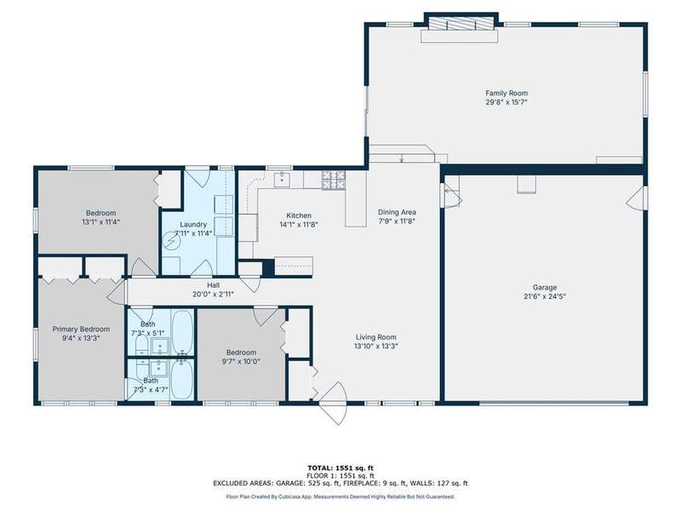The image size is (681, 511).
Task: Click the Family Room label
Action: (x=506, y=93)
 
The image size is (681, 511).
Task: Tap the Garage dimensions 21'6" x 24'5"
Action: (x=545, y=296)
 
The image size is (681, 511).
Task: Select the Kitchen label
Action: (x=299, y=215)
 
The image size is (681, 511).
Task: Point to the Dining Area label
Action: (x=397, y=212)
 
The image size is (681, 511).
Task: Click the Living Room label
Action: (x=375, y=336)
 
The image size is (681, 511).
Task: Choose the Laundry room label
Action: (x=193, y=225)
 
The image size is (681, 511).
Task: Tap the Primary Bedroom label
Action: (x=81, y=329)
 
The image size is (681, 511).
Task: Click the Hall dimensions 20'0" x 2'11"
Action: (x=213, y=294)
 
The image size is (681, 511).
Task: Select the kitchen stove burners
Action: (x=334, y=181)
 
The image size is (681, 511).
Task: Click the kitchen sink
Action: (x=282, y=179)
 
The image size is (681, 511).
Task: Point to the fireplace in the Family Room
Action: (x=461, y=24)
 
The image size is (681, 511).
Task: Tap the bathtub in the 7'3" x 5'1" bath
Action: (x=182, y=331)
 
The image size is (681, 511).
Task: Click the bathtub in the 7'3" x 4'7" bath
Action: (x=181, y=379)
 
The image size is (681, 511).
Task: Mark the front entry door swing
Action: (x=334, y=403)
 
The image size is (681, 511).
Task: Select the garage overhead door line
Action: (x=554, y=403)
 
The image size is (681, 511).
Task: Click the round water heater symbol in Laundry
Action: (x=170, y=241)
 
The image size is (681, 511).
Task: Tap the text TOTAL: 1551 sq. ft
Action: (x=340, y=468)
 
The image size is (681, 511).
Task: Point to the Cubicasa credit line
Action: (x=340, y=497)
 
